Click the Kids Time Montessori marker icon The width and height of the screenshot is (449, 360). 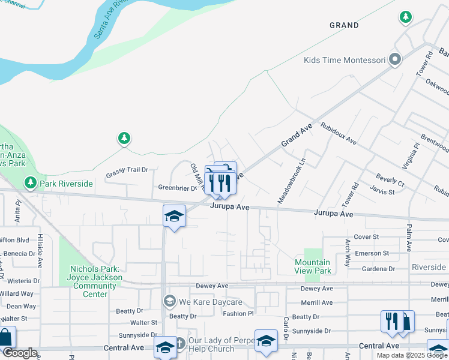395,60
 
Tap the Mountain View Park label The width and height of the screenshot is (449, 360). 313,266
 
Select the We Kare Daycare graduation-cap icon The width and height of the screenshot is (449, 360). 170,301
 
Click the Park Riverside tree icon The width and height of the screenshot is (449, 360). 31,182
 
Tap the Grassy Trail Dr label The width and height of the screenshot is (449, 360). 127,170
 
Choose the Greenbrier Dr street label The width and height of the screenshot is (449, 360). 177,188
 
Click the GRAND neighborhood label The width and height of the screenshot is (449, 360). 344,25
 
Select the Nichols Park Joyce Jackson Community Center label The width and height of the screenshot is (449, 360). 96,281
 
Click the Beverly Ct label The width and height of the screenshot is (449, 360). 390,179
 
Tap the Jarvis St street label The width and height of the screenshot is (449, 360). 382,192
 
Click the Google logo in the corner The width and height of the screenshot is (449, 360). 20,353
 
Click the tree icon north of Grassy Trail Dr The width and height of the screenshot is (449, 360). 124,139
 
